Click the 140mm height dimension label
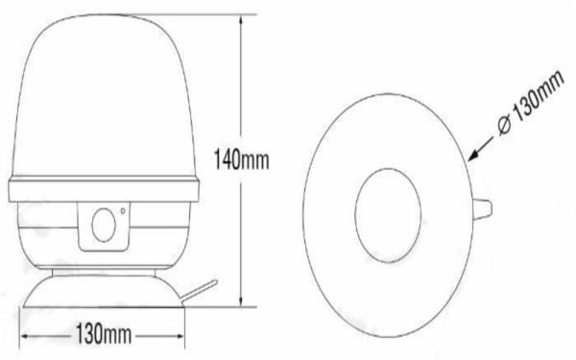(x=241, y=159)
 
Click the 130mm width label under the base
(x=104, y=334)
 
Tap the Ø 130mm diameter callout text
(x=531, y=103)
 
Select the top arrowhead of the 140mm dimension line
(x=241, y=20)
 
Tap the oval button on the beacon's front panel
(x=104, y=226)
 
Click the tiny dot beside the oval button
(x=123, y=211)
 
